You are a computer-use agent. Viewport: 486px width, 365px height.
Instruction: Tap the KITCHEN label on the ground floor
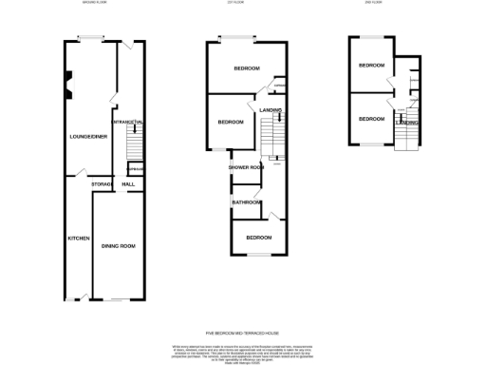pyautogui.click(x=77, y=238)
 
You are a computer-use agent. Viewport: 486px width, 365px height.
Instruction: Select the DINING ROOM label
pyautogui.click(x=119, y=246)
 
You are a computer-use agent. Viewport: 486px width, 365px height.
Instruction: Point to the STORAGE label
pyautogui.click(x=102, y=183)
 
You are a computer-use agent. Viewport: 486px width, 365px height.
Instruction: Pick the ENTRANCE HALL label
pyautogui.click(x=128, y=123)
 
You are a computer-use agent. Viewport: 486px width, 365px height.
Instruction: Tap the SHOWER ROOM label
pyautogui.click(x=245, y=167)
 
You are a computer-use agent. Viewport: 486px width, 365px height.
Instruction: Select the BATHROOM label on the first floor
pyautogui.click(x=247, y=202)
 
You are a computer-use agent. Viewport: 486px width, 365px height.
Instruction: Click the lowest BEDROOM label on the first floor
pyautogui.click(x=258, y=237)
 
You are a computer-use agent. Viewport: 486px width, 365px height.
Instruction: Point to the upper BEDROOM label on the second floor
pyautogui.click(x=371, y=65)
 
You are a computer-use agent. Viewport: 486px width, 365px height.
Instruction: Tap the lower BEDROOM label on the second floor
pyautogui.click(x=371, y=119)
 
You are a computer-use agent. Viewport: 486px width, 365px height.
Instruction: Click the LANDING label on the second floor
pyautogui.click(x=408, y=123)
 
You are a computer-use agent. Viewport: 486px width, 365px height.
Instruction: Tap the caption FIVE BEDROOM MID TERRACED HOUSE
pyautogui.click(x=242, y=332)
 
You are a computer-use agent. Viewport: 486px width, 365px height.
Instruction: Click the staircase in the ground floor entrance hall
pyautogui.click(x=134, y=143)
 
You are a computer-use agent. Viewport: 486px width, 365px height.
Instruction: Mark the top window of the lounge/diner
pyautogui.click(x=91, y=38)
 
